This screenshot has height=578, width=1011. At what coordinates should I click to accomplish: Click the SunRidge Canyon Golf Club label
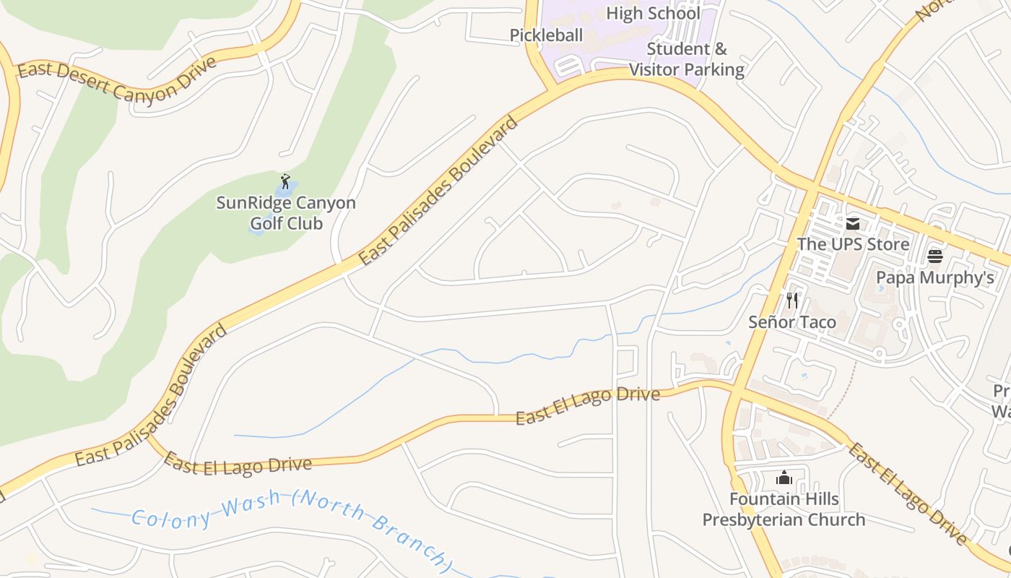click(x=286, y=212)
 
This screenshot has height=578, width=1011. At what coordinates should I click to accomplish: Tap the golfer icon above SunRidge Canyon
click(x=285, y=181)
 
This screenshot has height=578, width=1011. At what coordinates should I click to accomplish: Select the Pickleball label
click(x=546, y=35)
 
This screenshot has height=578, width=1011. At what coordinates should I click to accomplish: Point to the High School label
click(x=653, y=13)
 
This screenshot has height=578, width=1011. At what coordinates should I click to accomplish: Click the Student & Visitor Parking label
click(x=686, y=59)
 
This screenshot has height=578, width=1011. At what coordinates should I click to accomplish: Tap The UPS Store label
click(x=853, y=244)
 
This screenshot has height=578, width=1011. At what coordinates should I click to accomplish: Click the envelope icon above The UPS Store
click(x=853, y=223)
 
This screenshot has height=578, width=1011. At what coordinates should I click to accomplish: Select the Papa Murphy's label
click(x=934, y=277)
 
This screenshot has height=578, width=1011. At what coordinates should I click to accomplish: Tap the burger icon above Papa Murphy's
click(x=934, y=256)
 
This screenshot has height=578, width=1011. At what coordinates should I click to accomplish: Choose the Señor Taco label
click(x=792, y=322)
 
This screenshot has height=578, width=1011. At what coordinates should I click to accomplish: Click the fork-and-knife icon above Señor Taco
click(x=792, y=301)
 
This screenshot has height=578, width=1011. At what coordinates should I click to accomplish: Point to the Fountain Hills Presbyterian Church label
click(x=784, y=509)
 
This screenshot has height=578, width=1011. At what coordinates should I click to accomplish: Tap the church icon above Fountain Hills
click(x=784, y=478)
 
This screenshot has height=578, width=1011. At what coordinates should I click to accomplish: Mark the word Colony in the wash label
click(x=172, y=518)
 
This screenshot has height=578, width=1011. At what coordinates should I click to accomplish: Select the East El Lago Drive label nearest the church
click(x=907, y=494)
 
